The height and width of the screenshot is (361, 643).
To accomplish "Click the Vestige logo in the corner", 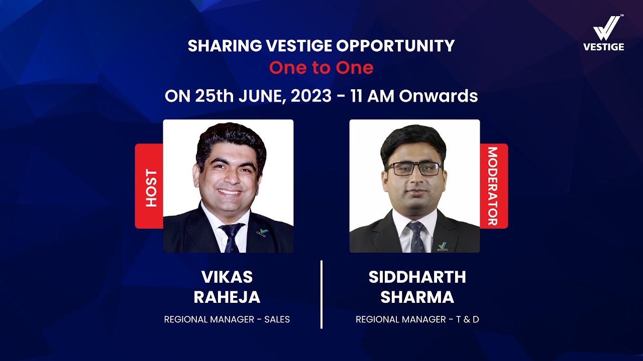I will coord(603,33).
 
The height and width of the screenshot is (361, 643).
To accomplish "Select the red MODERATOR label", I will coord(493,186).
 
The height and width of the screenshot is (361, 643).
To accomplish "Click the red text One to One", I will coord(321,68).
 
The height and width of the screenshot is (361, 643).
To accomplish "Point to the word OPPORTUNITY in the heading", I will coord(395,46).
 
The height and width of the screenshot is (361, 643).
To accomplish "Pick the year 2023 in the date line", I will coord(307,96).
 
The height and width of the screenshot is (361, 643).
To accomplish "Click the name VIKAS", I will coord(227,277).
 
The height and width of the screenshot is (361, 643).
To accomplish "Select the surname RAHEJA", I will coord(227,297).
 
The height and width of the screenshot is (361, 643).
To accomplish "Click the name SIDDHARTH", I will coord(417,277).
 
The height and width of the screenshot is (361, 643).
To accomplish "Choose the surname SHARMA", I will coord(417,297).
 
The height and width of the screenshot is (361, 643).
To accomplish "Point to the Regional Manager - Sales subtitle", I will coord(227,319).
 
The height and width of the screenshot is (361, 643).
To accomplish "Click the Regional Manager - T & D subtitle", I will coord(417,319).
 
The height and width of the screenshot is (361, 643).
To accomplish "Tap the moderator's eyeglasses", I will coord(414,169).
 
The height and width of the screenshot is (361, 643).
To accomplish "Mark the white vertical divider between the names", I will coord(321,294).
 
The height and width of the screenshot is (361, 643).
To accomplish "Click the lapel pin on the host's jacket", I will coord(262,232).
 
